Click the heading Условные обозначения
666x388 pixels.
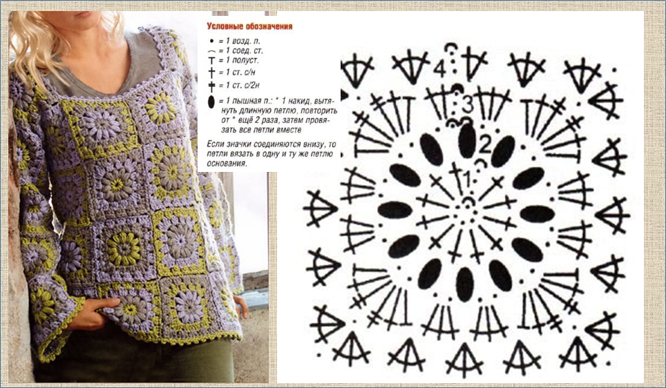click(249, 26)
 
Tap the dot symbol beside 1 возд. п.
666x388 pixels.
click(211, 41)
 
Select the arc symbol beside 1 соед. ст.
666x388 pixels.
click(211, 51)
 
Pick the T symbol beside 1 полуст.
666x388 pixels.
click(211, 61)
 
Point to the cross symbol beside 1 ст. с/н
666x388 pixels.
click(211, 72)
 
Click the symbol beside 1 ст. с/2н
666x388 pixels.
click(211, 86)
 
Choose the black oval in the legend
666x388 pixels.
click(211, 102)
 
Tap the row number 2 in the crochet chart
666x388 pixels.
click(484, 145)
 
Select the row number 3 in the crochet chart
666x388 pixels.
click(468, 104)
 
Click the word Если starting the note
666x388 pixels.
click(214, 144)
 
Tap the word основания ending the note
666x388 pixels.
click(227, 163)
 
